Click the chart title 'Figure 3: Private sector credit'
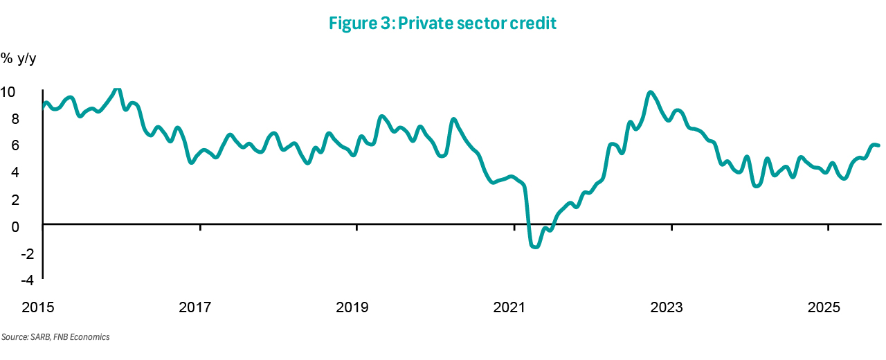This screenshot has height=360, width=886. pos(443,24)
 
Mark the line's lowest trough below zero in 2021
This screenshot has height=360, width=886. pos(534,246)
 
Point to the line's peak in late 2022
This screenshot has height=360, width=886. pos(649,92)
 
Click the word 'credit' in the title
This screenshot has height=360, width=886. pos(534,24)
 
